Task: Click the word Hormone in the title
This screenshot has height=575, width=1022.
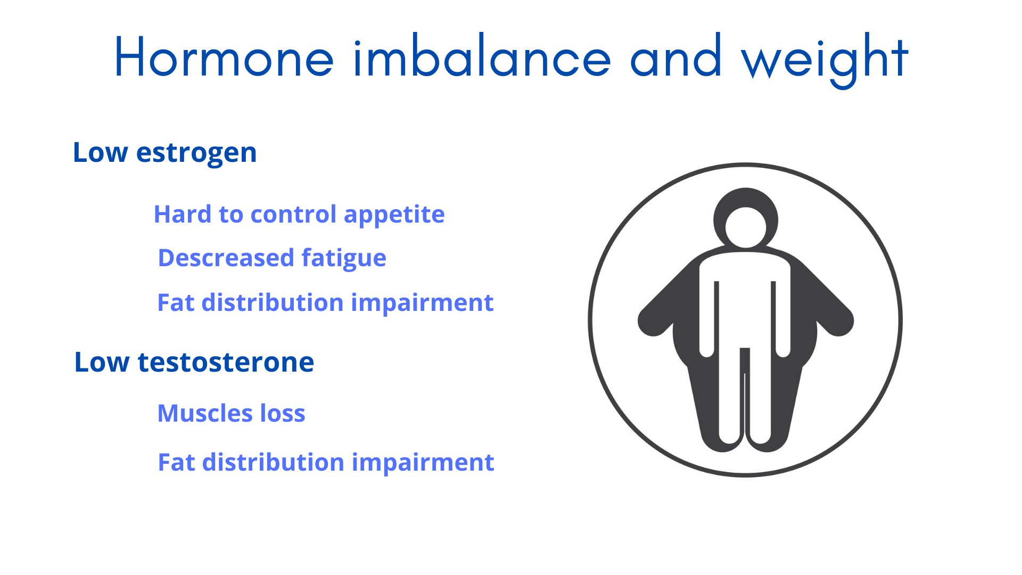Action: (x=224, y=57)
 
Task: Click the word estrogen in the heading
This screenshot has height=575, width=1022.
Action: (x=196, y=153)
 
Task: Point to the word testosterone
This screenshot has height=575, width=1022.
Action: (x=226, y=363)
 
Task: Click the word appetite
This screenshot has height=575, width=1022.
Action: (x=394, y=215)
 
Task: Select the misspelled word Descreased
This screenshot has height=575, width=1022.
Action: (x=226, y=258)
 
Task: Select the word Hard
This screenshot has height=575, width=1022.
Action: (x=183, y=215)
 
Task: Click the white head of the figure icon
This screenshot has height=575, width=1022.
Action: (x=745, y=227)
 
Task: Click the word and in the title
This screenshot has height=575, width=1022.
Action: (x=676, y=57)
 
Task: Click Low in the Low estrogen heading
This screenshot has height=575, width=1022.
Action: (x=100, y=153)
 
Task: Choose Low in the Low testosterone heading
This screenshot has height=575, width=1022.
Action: (x=102, y=363)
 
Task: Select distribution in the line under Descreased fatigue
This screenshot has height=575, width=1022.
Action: (x=273, y=303)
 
